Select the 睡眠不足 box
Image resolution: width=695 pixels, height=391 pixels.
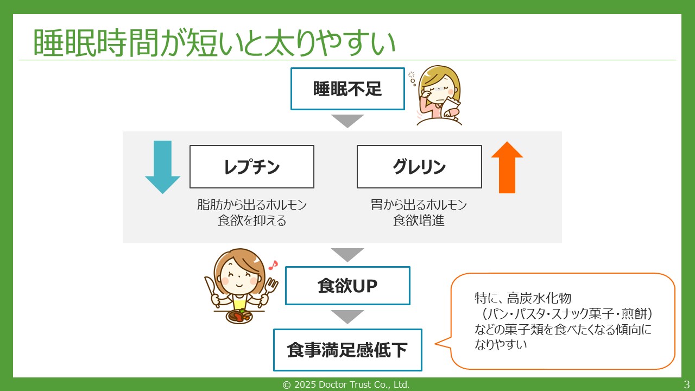(347, 89)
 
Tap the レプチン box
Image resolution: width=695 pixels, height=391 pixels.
(251, 167)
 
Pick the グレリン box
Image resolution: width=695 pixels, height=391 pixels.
(419, 167)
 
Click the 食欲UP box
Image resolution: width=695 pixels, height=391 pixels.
(347, 286)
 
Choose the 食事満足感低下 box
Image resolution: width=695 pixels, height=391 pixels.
(347, 350)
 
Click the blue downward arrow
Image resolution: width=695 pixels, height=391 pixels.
(162, 167)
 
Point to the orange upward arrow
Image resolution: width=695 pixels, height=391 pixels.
(507, 167)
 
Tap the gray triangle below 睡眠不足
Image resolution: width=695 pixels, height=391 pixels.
(347, 121)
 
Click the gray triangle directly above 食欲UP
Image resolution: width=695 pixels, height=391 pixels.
(347, 254)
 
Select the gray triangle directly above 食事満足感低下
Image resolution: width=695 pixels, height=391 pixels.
(347, 316)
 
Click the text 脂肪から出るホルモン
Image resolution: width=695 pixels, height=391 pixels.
(251, 205)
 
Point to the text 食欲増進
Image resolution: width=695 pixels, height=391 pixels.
(419, 221)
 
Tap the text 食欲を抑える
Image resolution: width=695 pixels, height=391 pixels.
(251, 221)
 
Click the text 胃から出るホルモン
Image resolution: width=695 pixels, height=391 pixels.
(419, 205)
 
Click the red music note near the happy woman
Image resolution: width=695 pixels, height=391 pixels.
(273, 265)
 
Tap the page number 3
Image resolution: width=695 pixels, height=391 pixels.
(686, 384)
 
